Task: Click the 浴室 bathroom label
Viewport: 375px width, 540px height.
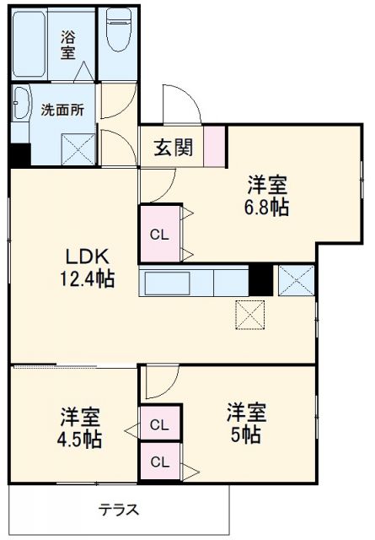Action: (68, 44)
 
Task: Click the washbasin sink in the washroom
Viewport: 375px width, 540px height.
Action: (20, 105)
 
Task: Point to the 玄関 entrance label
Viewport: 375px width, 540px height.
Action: (173, 147)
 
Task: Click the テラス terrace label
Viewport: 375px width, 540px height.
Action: (118, 510)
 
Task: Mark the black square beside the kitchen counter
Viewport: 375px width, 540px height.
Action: (261, 280)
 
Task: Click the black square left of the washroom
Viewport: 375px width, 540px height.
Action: (19, 155)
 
